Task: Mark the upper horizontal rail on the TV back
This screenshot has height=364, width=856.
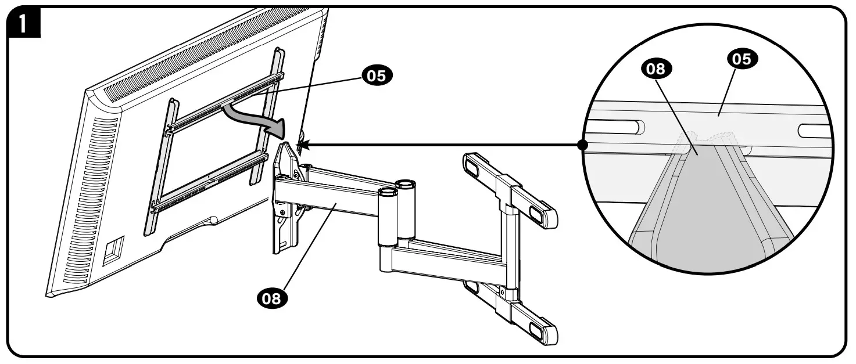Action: pos(224,103)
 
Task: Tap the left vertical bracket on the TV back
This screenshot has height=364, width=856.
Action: pos(162,168)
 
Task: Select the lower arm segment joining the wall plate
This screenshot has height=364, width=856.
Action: pos(445,258)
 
